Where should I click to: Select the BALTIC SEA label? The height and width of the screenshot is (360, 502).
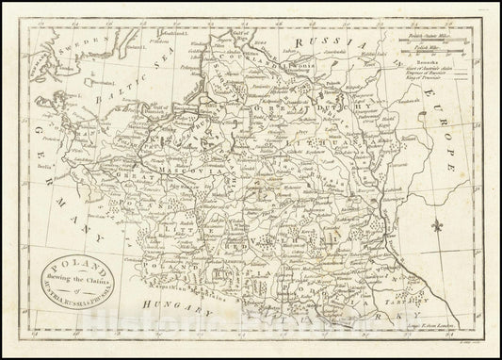150,79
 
